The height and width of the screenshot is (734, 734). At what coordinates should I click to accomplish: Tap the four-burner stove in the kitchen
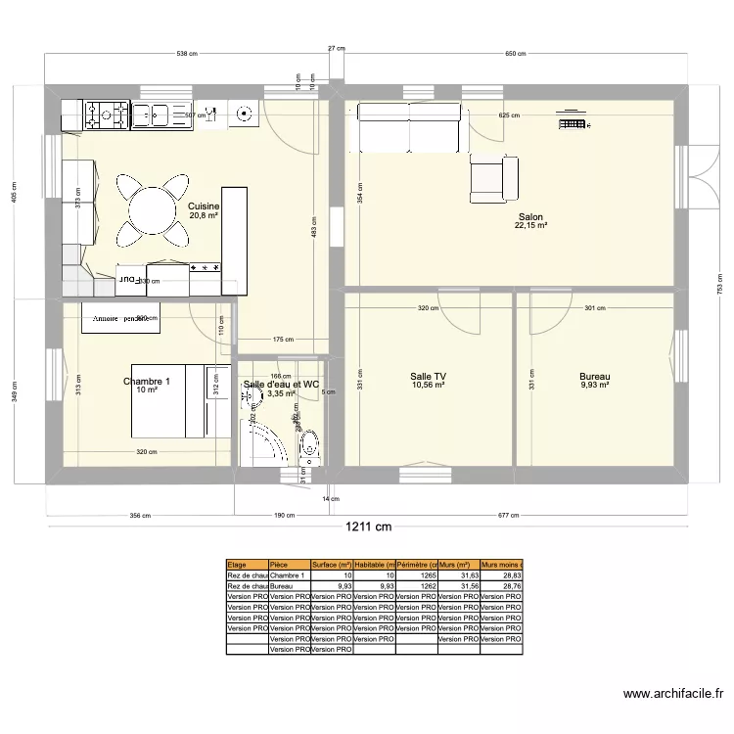click(107, 115)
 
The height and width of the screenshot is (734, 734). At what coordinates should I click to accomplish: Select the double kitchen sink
click(153, 115)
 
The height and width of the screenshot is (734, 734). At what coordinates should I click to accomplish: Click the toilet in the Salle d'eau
click(310, 446)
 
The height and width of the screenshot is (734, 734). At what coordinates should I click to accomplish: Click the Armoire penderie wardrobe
click(120, 319)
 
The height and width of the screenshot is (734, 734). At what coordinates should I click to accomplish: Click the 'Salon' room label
click(530, 217)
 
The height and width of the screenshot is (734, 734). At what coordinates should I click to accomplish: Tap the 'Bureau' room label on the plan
click(594, 377)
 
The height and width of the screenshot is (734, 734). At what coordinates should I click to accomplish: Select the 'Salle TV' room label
click(428, 377)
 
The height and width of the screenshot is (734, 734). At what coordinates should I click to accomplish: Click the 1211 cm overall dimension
click(367, 528)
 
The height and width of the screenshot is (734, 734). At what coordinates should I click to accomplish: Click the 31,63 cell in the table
click(459, 575)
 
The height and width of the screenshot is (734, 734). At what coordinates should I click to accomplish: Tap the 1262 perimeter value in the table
click(417, 586)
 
